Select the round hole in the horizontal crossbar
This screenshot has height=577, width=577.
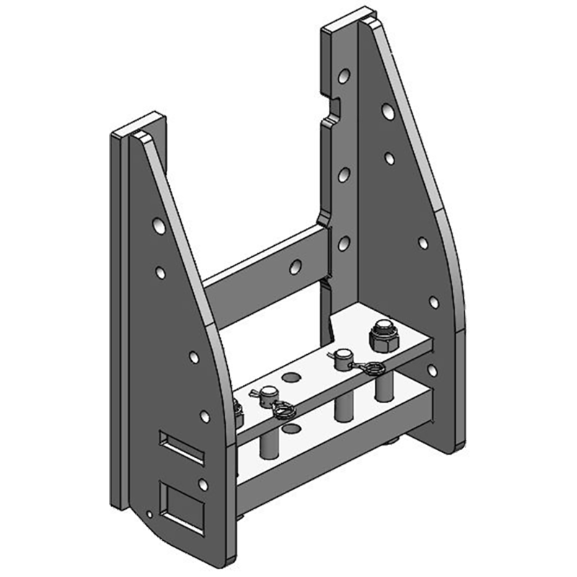(x=294, y=267)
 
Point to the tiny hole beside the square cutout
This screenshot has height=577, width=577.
(x=149, y=514)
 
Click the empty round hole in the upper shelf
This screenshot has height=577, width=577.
(x=291, y=376)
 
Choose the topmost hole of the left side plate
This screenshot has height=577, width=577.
(x=158, y=226)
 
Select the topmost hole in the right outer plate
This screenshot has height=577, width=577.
(x=388, y=112)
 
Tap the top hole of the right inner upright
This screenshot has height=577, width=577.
(x=345, y=74)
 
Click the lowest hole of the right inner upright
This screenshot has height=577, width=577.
(x=344, y=243)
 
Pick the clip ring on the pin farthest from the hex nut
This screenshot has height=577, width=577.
(x=281, y=411)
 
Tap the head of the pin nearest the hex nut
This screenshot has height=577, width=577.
(x=343, y=355)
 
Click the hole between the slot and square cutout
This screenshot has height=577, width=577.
(x=203, y=484)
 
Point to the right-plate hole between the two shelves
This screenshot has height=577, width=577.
(x=431, y=370)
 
